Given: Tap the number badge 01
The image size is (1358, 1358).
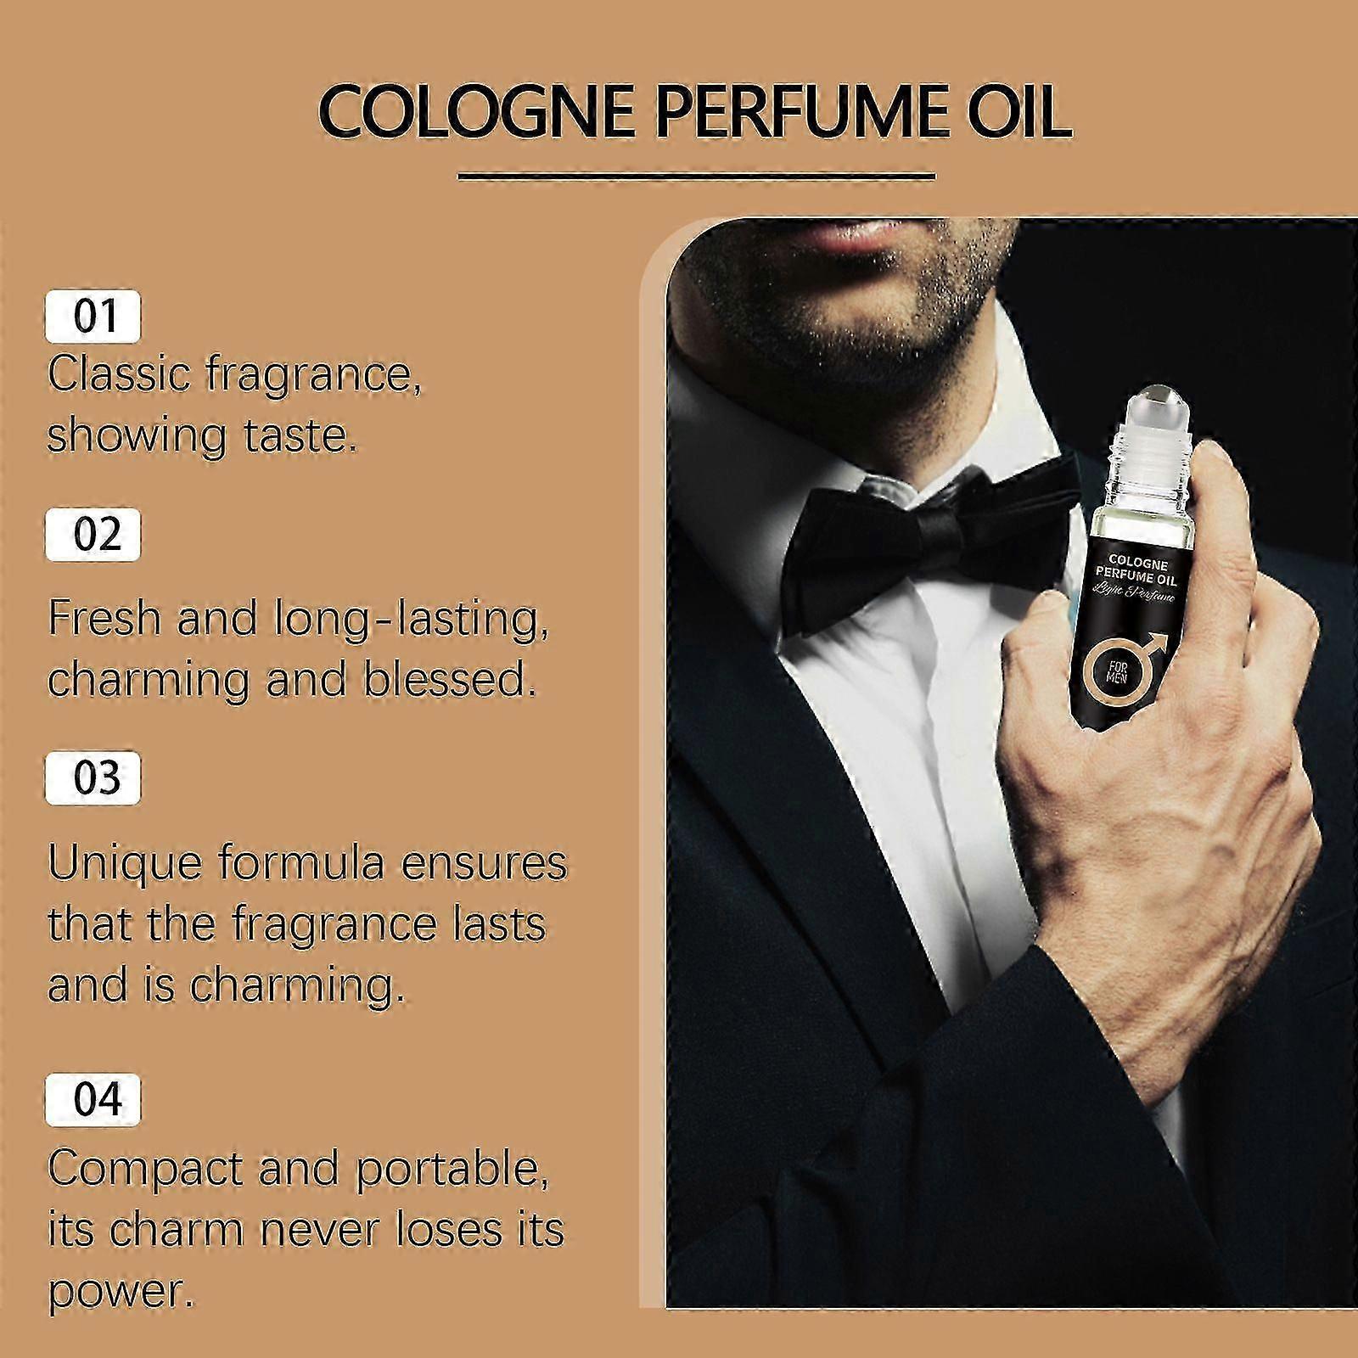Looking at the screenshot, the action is [x=93, y=317].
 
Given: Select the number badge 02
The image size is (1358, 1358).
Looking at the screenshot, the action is [x=93, y=535].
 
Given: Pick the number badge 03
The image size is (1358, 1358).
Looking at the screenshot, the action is [x=93, y=778].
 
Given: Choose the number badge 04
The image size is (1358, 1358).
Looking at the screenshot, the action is [x=93, y=1099].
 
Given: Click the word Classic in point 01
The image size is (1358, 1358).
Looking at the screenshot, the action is [x=118, y=374].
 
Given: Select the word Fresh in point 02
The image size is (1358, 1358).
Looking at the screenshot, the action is [x=104, y=617].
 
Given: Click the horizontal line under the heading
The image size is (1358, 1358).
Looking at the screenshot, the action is [x=696, y=177].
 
